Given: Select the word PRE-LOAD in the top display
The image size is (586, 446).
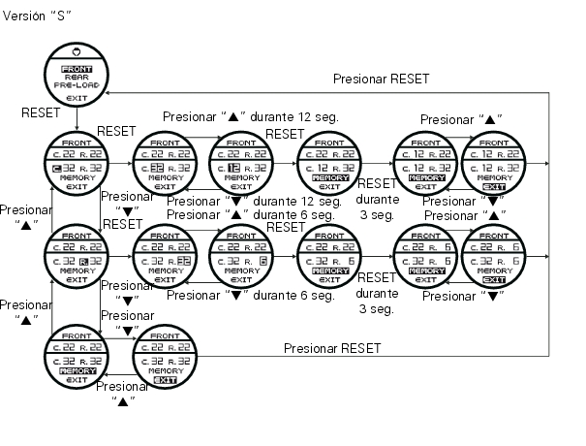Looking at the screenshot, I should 77,87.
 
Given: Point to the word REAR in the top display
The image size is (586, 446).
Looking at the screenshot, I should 77,79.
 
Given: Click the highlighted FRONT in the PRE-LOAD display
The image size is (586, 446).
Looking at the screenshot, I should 77,70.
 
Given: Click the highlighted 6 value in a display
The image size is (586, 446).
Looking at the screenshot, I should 262,261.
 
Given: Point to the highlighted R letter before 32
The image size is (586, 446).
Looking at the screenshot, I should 84,261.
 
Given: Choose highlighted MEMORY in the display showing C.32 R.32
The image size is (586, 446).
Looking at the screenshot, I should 77,371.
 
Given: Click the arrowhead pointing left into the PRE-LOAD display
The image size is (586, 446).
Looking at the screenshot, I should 108,93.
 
